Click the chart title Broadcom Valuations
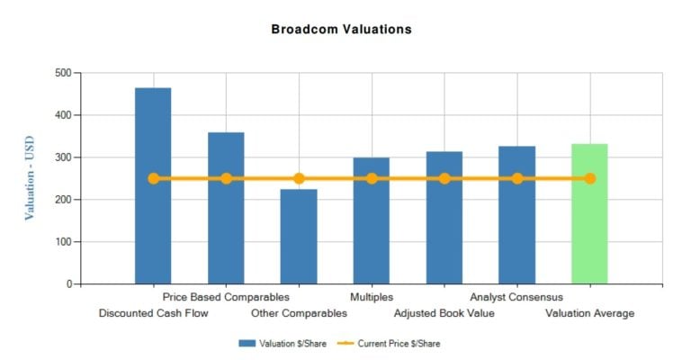coord(341,30)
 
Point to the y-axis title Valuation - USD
coord(30,178)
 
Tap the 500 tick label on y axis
coord(61,73)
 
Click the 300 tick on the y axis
coord(61,157)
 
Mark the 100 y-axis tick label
coord(61,242)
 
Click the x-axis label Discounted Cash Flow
coord(153,313)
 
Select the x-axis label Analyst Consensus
coord(516,296)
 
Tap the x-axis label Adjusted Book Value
coord(444,313)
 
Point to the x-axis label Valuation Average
coord(590,313)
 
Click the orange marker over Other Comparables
coord(299,178)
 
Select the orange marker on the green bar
coord(590,178)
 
